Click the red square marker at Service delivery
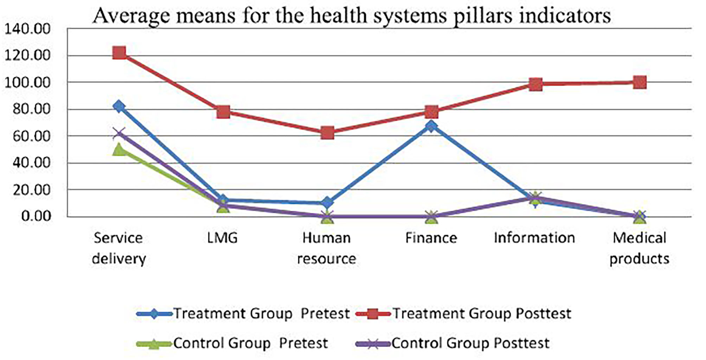pos(119,53)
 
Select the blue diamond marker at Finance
pos(431,126)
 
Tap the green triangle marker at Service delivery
pos(119,149)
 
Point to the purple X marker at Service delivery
pos(119,134)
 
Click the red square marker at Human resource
pos(327,133)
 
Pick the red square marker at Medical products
pos(640,83)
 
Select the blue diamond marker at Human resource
pos(327,202)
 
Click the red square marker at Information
pos(535,84)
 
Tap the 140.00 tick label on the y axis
pos(27,29)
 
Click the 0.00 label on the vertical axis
pos(36,216)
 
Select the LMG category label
pos(223,238)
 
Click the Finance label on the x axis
pos(431,238)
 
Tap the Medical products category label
pos(639,248)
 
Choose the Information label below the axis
pos(534,238)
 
